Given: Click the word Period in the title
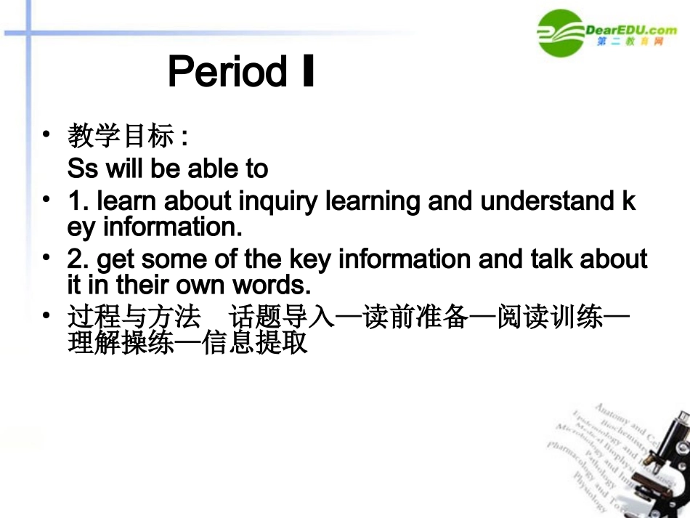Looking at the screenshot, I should (x=227, y=72).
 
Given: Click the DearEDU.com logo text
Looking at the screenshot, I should (x=630, y=30).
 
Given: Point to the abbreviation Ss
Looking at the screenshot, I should (x=82, y=169).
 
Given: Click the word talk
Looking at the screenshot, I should (x=535, y=259).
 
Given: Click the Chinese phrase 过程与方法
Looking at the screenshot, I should (x=134, y=317).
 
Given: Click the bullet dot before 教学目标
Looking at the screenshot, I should (x=46, y=134).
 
